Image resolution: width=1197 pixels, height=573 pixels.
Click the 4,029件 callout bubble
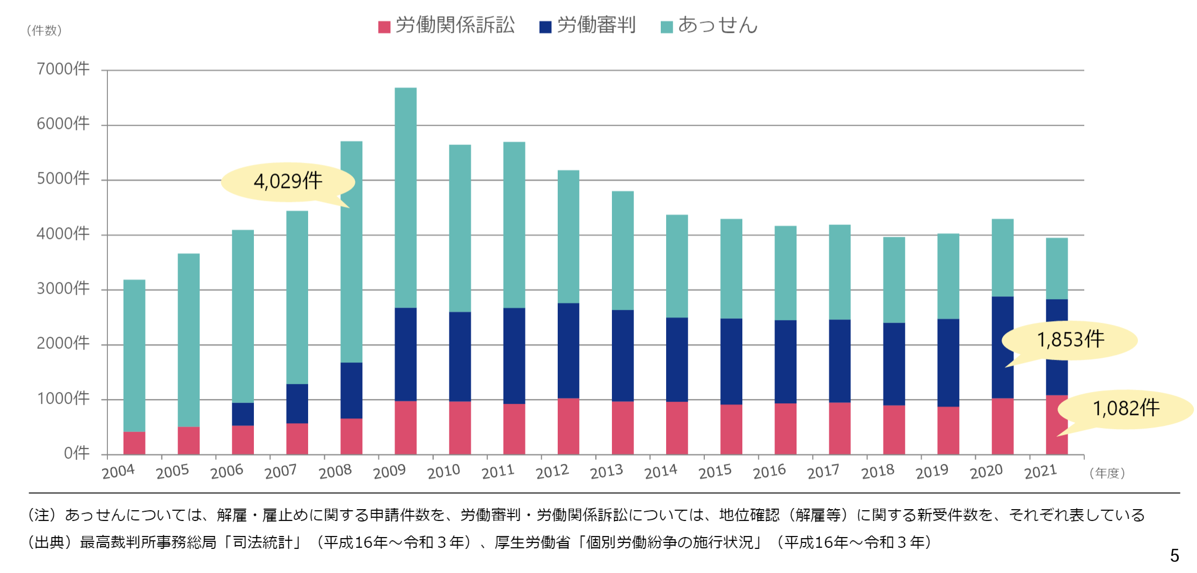point(288,182)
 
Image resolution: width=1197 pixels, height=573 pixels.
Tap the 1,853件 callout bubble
point(1070,340)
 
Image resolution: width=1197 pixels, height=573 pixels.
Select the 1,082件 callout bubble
point(1126,409)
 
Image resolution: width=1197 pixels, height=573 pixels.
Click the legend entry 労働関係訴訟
point(447,26)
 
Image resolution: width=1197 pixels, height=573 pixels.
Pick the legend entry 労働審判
point(588,26)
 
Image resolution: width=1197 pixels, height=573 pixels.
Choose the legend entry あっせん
point(709,26)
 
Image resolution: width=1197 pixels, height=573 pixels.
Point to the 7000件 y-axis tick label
point(63,69)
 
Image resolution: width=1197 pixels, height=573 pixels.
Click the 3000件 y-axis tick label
point(63,289)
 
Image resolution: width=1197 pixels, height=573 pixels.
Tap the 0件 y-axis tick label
point(76,454)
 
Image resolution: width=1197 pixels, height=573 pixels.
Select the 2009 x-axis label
point(389,472)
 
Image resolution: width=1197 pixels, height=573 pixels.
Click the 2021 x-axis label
point(1040,472)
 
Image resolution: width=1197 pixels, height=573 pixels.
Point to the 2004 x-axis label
point(118,472)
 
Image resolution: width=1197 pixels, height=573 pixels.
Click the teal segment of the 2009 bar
point(406,198)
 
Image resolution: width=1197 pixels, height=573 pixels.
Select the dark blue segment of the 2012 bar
point(568,351)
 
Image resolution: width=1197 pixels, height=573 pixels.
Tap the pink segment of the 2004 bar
point(134,443)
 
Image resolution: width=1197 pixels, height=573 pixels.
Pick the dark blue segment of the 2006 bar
point(243,414)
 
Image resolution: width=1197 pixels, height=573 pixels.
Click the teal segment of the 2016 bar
point(785,273)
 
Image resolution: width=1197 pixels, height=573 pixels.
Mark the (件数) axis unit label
point(44,31)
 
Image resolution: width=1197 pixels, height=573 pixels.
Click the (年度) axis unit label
point(1107,473)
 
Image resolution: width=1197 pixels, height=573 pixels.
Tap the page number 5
point(1174,555)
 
